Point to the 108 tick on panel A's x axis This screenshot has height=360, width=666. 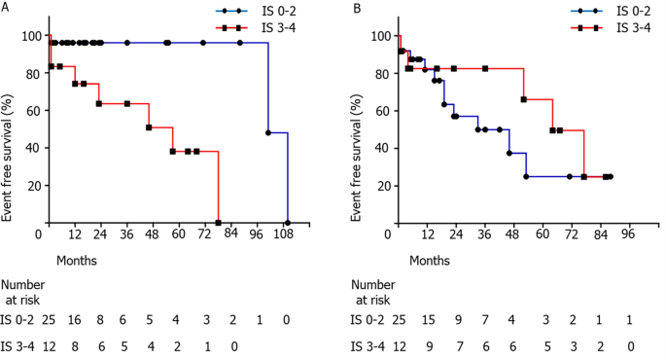287,234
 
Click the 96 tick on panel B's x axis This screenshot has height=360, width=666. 627,234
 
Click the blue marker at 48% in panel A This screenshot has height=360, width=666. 268,131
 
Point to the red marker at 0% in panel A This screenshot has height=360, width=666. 218,222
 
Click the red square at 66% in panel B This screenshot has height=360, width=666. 524,99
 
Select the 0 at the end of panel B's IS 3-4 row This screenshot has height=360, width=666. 631,344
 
